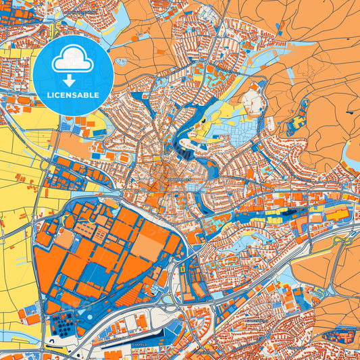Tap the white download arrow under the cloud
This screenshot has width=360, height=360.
[73, 80]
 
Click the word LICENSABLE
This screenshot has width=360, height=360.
[73, 95]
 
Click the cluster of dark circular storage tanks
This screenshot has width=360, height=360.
[63, 328]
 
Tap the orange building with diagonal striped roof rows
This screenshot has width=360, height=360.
[88, 230]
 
